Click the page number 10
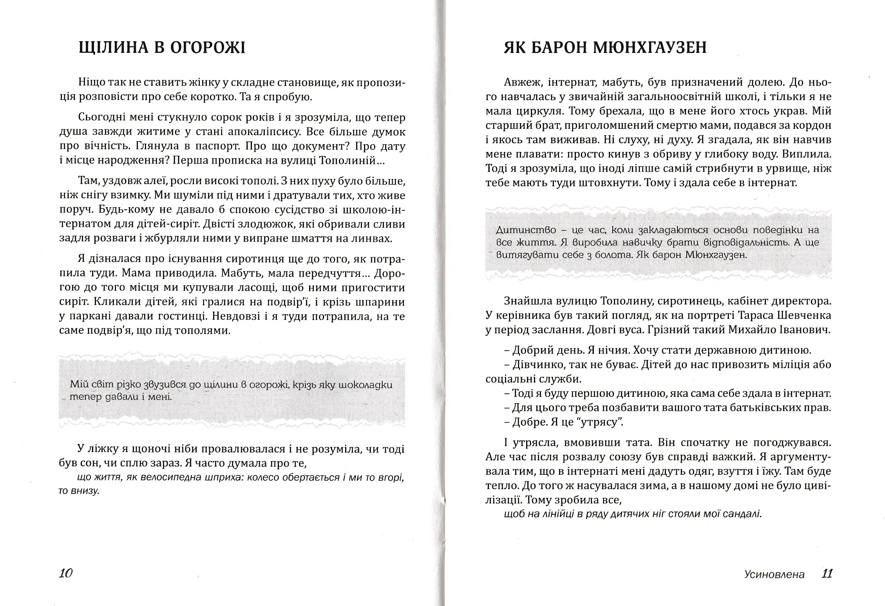coord(66,573)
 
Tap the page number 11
coord(827,574)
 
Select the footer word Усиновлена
coord(775,575)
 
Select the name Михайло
coord(751,329)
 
